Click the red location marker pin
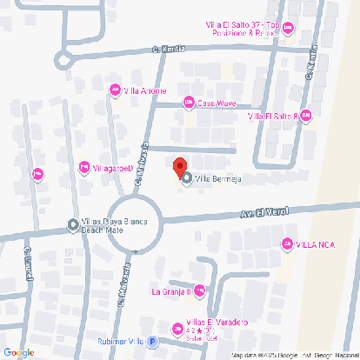(179, 166)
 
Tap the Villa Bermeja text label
(217, 179)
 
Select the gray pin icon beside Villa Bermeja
(187, 178)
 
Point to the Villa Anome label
(144, 90)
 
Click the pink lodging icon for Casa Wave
(188, 103)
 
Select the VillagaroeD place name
(113, 167)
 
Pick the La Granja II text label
(170, 290)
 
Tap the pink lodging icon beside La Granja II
(201, 290)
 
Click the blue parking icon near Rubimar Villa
(152, 342)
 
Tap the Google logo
(19, 352)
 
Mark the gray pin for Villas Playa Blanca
(73, 226)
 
